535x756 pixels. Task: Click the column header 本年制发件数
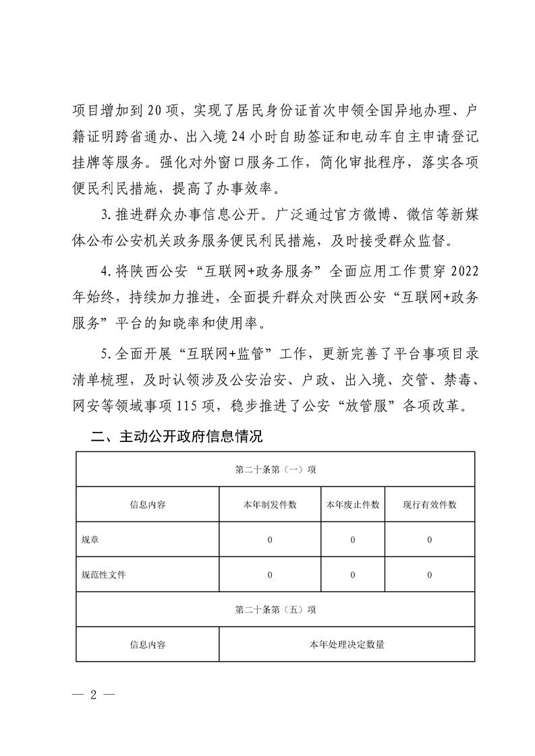pos(270,505)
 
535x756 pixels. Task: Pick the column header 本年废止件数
pos(352,505)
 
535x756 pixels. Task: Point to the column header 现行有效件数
pos(430,505)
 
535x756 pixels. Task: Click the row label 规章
pos(89,540)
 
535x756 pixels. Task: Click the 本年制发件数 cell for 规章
pos(270,540)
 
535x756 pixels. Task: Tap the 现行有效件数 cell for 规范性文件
pos(430,575)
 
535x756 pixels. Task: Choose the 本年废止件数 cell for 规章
pos(352,540)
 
